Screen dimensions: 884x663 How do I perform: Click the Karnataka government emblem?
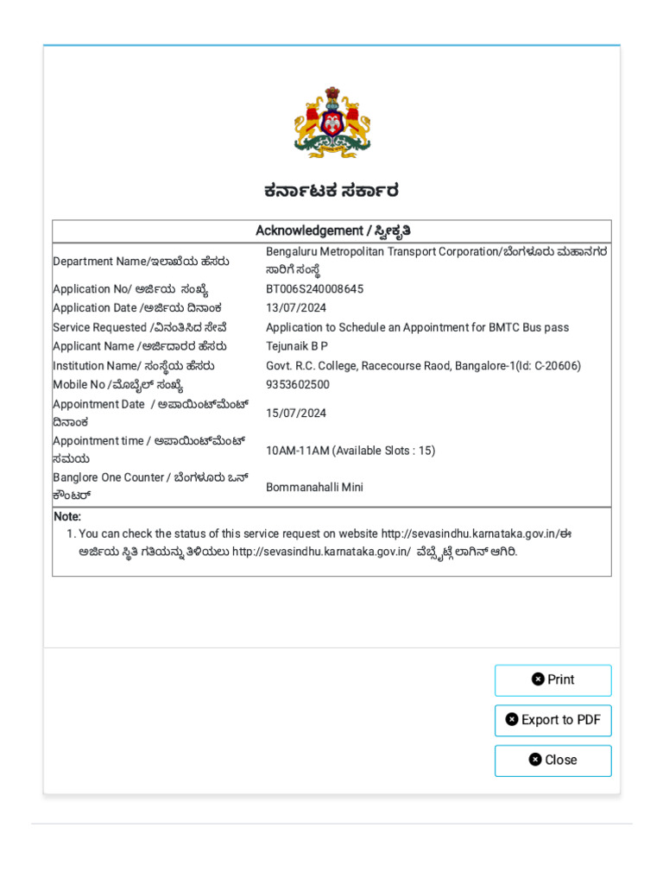pyautogui.click(x=331, y=122)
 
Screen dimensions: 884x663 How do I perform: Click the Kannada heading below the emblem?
pyautogui.click(x=331, y=192)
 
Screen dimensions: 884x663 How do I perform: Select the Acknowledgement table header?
pyautogui.click(x=331, y=230)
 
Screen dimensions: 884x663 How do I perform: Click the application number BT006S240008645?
pyautogui.click(x=314, y=289)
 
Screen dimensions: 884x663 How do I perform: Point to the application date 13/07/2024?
pyautogui.click(x=296, y=308)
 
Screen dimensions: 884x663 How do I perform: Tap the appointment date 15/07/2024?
pyautogui.click(x=296, y=414)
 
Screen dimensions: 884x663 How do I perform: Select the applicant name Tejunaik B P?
pyautogui.click(x=297, y=346)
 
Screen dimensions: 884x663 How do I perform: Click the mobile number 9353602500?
pyautogui.click(x=298, y=385)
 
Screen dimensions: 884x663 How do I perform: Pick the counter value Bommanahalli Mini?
pyautogui.click(x=314, y=487)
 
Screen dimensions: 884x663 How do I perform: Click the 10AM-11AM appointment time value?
pyautogui.click(x=350, y=451)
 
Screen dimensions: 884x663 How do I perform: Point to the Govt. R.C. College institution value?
pyautogui.click(x=423, y=366)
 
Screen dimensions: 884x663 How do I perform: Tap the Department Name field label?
pyautogui.click(x=141, y=262)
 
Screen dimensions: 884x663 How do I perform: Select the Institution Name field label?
pyautogui.click(x=134, y=366)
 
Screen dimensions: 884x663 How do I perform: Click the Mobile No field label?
pyautogui.click(x=118, y=385)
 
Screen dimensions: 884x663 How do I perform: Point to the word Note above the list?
pyautogui.click(x=67, y=516)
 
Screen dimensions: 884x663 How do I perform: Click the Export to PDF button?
pyautogui.click(x=552, y=720)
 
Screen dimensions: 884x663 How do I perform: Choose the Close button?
pyautogui.click(x=552, y=760)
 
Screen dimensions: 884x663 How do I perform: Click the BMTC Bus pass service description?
pyautogui.click(x=417, y=327)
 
